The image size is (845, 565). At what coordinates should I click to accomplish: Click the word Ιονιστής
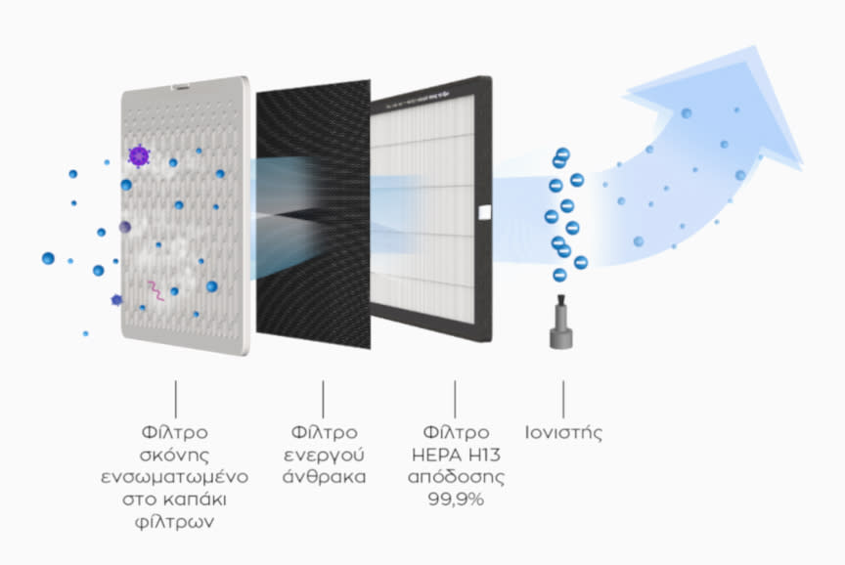pyautogui.click(x=562, y=432)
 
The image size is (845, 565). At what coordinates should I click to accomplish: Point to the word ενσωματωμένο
pyautogui.click(x=176, y=477)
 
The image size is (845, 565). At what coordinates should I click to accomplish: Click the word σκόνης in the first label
pyautogui.click(x=176, y=455)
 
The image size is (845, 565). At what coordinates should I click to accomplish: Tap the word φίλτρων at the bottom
pyautogui.click(x=176, y=522)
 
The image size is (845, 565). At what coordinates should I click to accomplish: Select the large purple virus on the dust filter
pyautogui.click(x=139, y=155)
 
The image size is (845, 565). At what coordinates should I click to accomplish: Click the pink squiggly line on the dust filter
pyautogui.click(x=155, y=288)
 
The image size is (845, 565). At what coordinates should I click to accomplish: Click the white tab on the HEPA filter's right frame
pyautogui.click(x=480, y=209)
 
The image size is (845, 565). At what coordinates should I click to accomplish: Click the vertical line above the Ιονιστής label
pyautogui.click(x=562, y=397)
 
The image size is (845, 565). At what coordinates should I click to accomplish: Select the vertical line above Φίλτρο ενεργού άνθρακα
pyautogui.click(x=323, y=397)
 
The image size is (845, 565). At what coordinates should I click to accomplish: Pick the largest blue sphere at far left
pyautogui.click(x=48, y=258)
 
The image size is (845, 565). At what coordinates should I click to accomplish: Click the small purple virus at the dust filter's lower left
pyautogui.click(x=117, y=300)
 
